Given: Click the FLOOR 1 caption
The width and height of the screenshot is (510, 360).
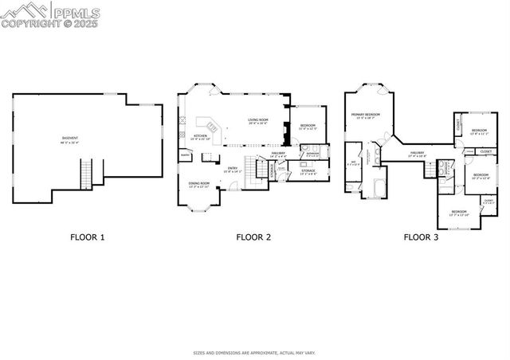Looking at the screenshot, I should tap(87, 237).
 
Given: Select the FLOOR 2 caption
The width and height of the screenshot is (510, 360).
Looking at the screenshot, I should tap(253, 237).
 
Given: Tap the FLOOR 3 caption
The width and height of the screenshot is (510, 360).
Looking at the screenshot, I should tap(421, 237).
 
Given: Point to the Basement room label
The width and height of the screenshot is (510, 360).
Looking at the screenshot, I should tap(71, 140).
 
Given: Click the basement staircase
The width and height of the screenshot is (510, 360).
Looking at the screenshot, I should tap(86, 174).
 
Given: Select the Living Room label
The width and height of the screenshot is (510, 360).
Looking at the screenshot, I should tap(257, 122).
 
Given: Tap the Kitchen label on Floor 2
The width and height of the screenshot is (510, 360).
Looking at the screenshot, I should tap(201, 137).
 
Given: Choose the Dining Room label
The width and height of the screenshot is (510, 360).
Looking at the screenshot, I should tap(199, 185).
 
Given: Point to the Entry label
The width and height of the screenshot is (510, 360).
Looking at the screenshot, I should tap(233, 169).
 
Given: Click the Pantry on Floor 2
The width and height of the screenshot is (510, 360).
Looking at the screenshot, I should tap(184, 155).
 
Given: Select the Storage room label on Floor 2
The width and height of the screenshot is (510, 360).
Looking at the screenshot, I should tap(308, 171).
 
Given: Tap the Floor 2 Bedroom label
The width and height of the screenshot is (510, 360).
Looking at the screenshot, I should tap(307, 127).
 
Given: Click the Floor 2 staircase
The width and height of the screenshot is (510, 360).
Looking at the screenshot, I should tap(260, 168).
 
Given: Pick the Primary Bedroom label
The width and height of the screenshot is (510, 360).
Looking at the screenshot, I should tap(367, 116).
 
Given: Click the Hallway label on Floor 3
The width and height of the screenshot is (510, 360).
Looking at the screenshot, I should tap(418, 154).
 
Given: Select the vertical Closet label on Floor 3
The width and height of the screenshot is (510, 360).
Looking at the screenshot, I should tap(458, 125).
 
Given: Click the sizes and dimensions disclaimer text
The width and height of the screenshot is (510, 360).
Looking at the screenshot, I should tap(254, 352).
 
